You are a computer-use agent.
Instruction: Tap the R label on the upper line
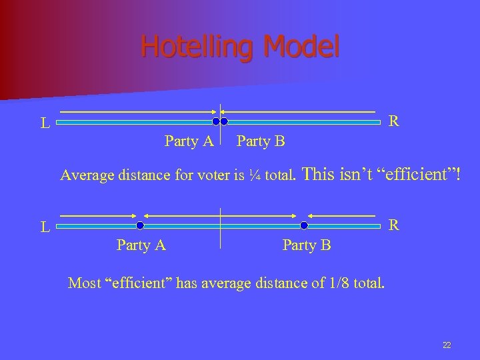(394, 121)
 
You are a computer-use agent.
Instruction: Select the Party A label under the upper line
(189, 141)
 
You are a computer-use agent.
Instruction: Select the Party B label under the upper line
(261, 141)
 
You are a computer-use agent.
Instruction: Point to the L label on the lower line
(45, 227)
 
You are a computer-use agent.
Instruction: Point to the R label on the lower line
(394, 225)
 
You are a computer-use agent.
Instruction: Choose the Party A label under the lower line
(141, 245)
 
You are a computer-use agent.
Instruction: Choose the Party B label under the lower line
(307, 245)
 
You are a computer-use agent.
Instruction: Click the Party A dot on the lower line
(140, 225)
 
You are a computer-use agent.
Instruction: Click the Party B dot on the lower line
(305, 225)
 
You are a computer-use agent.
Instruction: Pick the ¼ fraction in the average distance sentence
(254, 175)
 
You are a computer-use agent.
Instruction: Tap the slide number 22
(447, 345)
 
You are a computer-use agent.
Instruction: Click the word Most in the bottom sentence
(84, 283)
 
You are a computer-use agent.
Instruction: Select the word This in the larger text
(321, 175)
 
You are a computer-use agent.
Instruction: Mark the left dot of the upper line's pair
(216, 122)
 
